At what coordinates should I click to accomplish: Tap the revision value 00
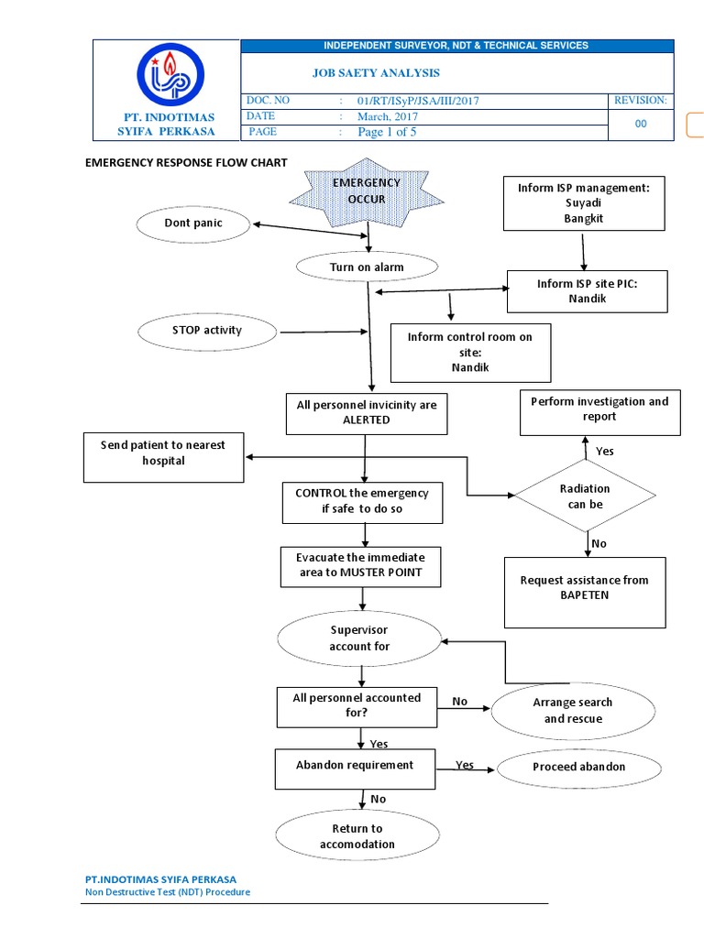(641, 124)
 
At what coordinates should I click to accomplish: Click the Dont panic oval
(193, 224)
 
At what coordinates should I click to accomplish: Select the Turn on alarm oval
(367, 267)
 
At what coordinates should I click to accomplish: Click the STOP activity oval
(203, 331)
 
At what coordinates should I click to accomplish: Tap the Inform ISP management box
(584, 203)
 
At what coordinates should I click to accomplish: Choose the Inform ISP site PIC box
(587, 291)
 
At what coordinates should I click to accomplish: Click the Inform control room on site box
(470, 352)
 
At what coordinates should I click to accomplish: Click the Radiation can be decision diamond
(585, 496)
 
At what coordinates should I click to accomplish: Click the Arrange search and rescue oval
(573, 711)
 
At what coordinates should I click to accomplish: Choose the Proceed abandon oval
(578, 767)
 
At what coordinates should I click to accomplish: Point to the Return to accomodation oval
(357, 836)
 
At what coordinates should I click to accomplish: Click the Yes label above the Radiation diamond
(605, 452)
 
